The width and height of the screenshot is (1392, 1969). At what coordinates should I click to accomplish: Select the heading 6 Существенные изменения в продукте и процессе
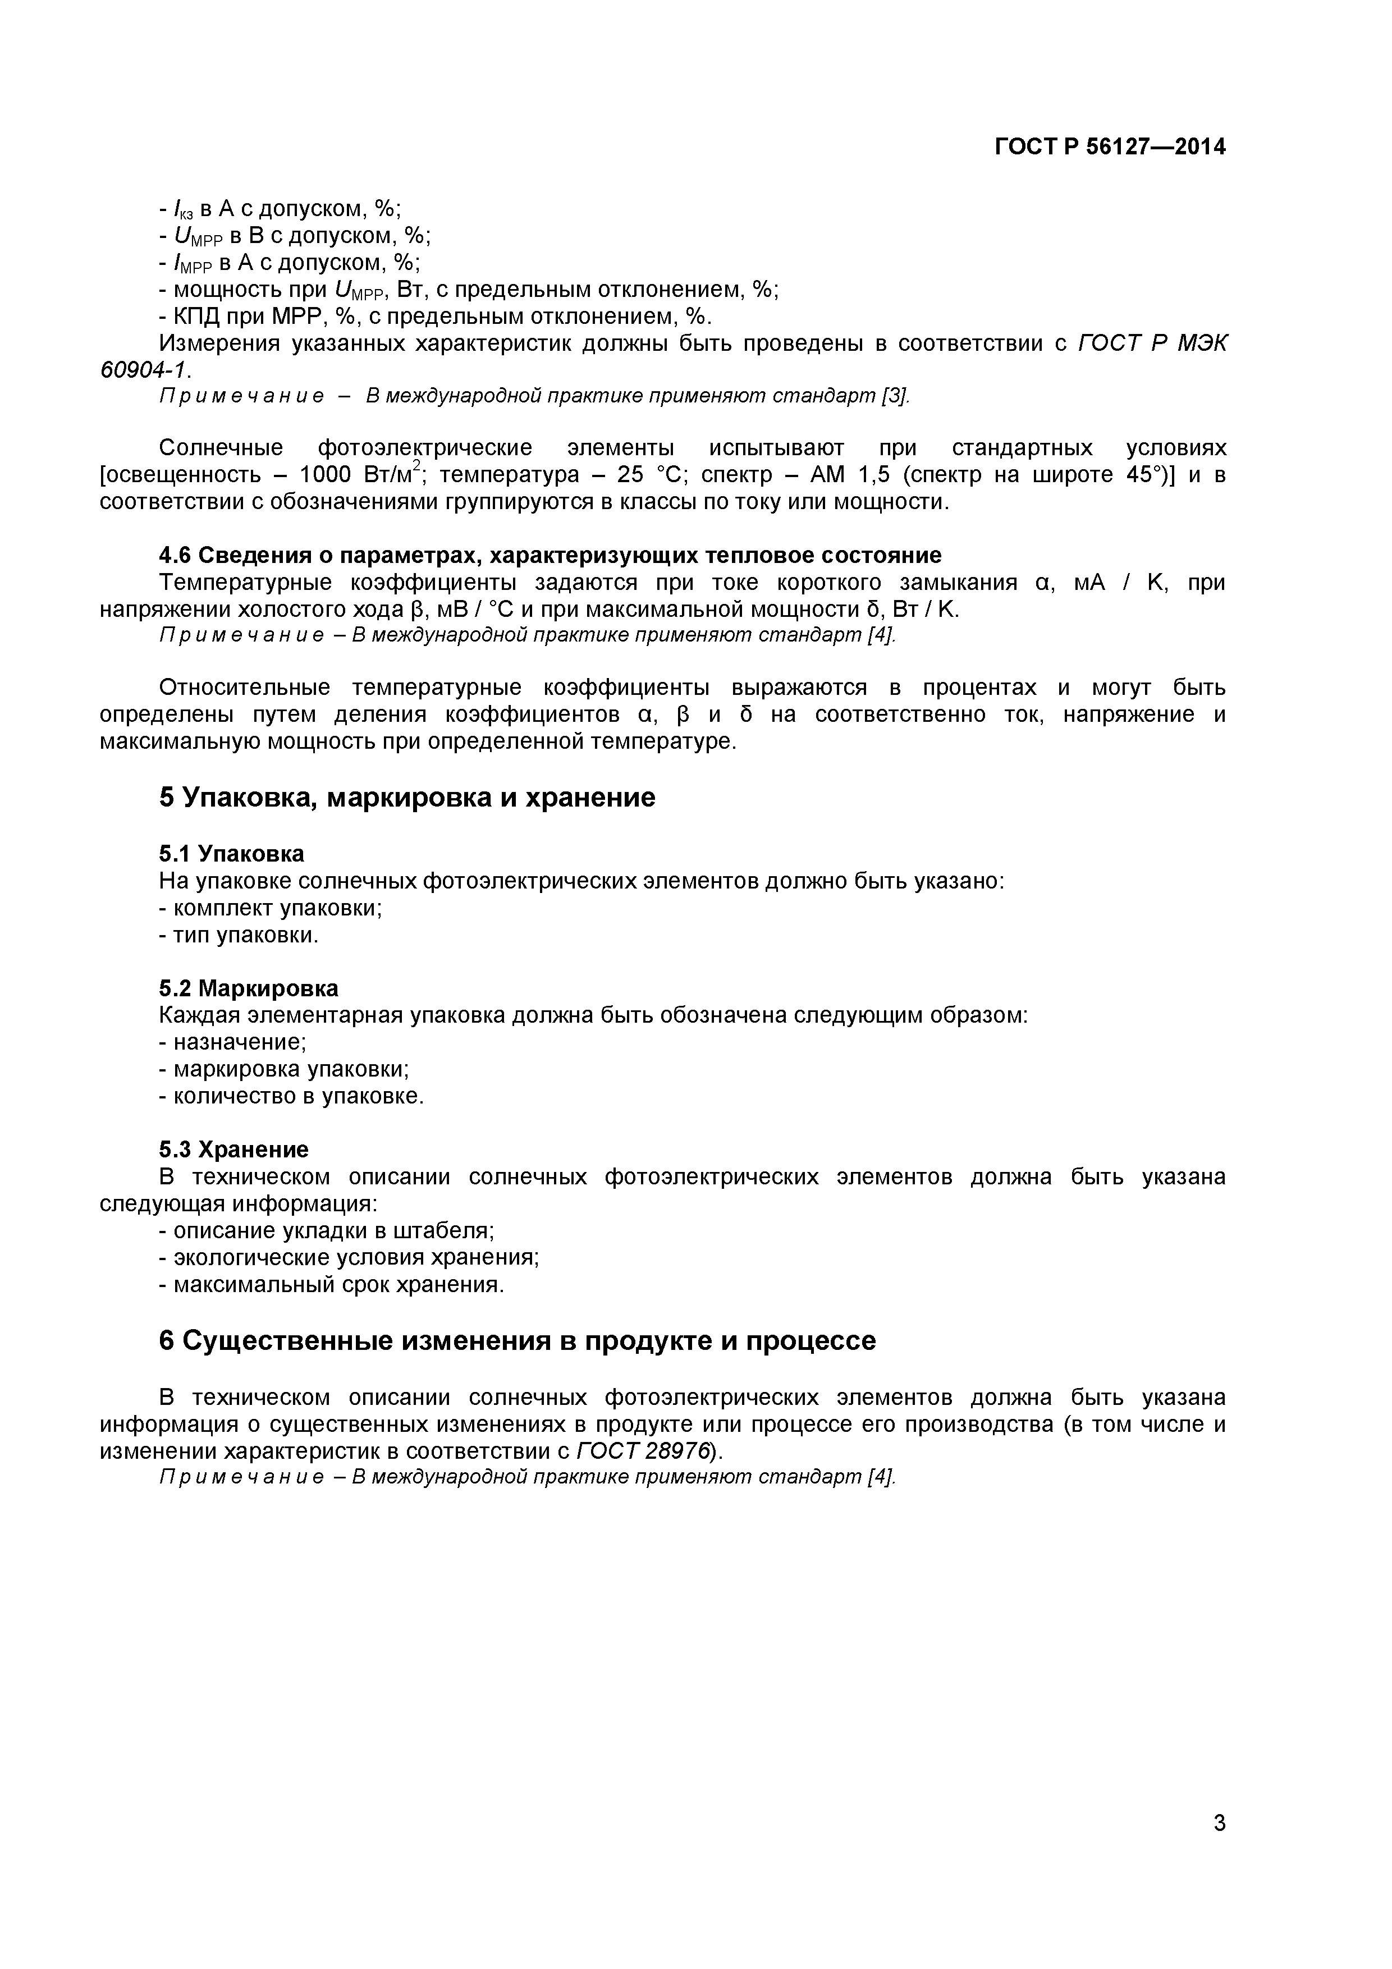coord(517,1340)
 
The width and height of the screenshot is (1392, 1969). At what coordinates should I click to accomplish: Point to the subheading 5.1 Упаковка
coord(232,853)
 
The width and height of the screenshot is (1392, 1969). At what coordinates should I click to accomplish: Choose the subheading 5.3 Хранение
coord(233,1149)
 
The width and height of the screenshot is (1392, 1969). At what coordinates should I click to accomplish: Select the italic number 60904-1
coord(143,370)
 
